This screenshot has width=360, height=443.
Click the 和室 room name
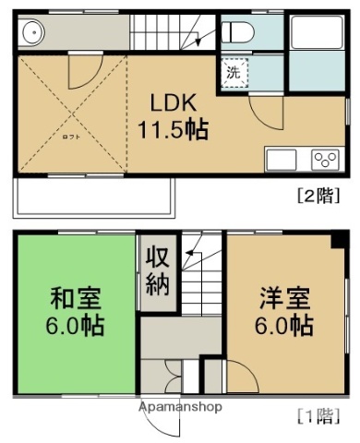[x=76, y=299]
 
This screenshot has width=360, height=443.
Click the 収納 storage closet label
[x=157, y=271]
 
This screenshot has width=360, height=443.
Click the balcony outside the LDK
[x=92, y=196]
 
